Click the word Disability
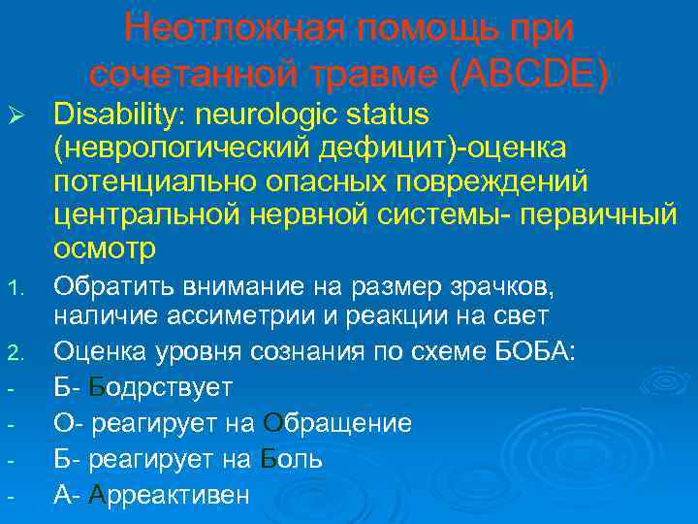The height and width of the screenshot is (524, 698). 120,115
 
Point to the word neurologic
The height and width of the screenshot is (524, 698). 269,115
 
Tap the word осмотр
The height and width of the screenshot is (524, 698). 105,248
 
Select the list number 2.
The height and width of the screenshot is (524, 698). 13,352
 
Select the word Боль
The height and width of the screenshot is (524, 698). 292,458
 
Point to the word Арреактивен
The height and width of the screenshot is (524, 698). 169,494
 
